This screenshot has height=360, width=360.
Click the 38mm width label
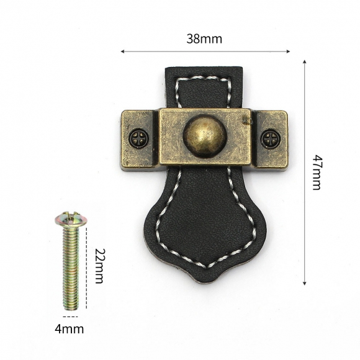point(204,39)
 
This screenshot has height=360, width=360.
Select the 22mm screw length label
point(100,266)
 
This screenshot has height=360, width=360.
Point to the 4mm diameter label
point(69,329)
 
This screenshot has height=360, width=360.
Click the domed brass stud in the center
point(205,137)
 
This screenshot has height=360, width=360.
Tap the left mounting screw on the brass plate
point(138,138)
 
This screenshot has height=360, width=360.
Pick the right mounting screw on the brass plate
point(271,138)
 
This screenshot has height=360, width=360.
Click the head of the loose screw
point(71,218)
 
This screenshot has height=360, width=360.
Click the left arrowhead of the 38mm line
point(123,52)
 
